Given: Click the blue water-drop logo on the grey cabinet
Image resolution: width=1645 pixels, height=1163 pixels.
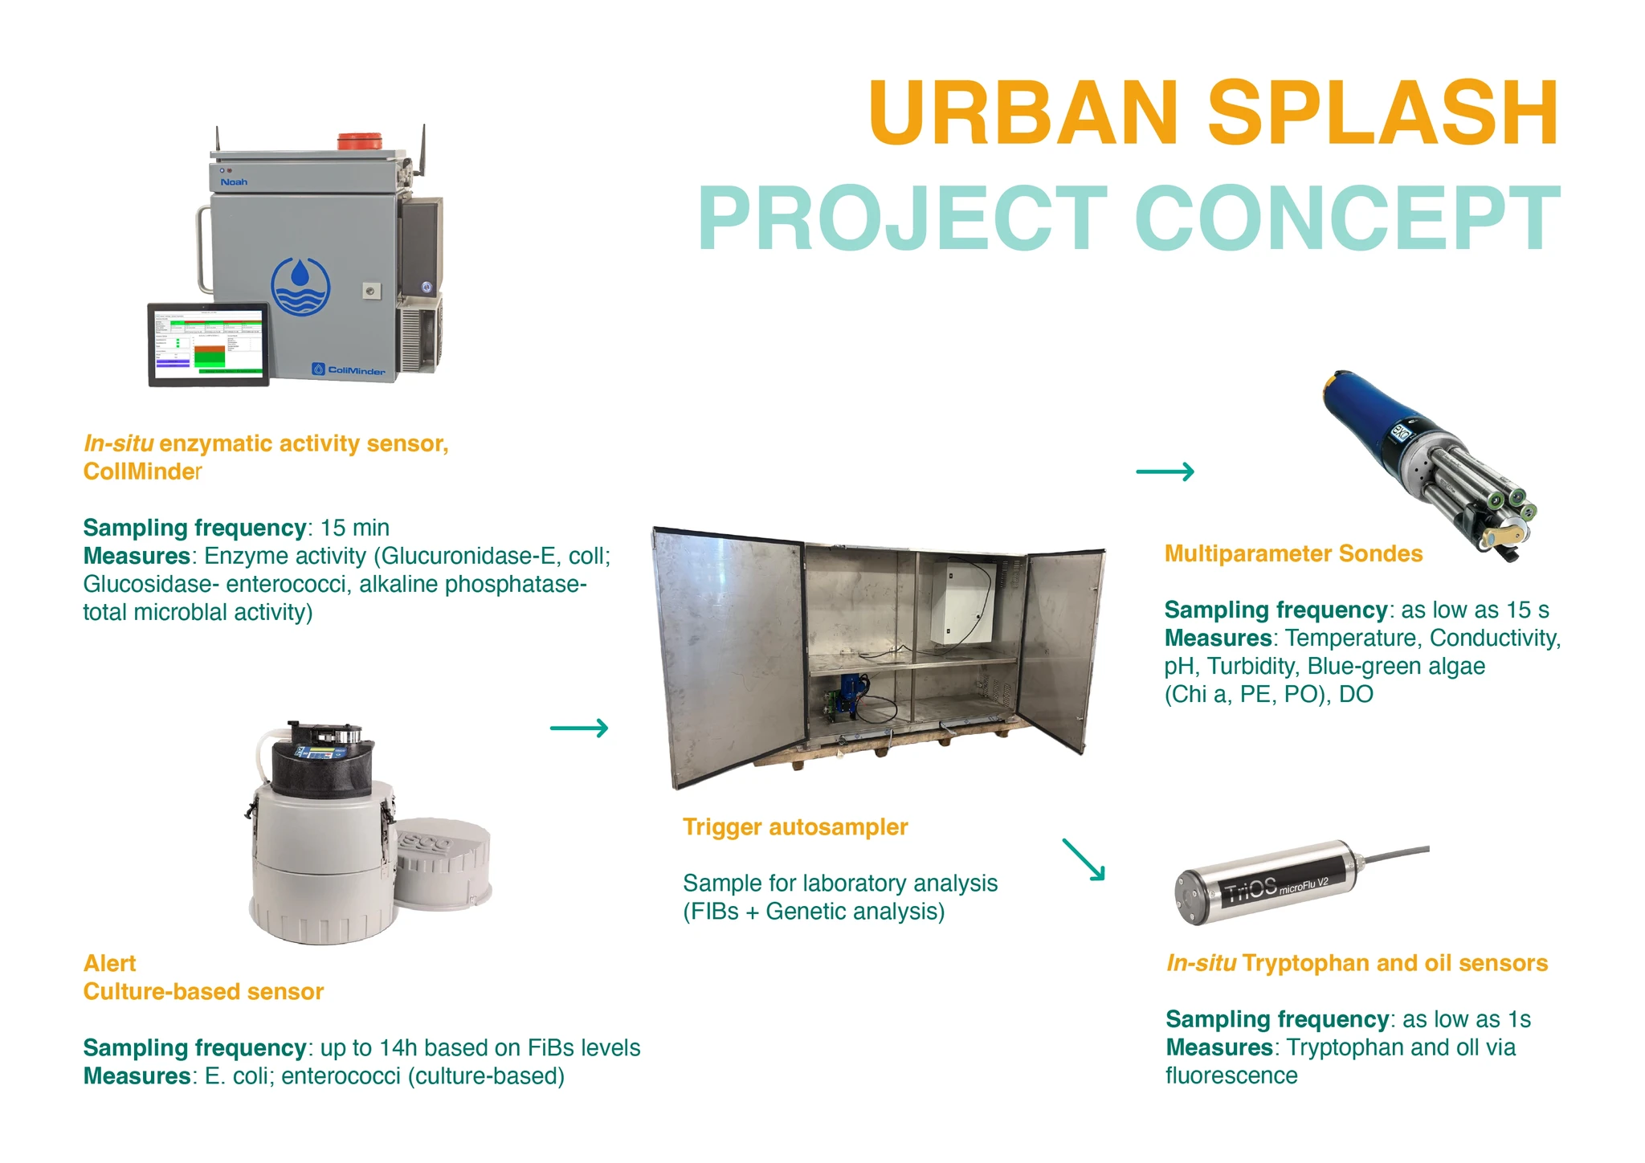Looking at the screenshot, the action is coord(300,287).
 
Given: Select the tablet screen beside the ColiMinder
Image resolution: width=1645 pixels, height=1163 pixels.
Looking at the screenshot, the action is coord(209,344).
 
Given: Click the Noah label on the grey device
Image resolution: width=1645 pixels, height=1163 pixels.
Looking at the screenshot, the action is coord(234,182).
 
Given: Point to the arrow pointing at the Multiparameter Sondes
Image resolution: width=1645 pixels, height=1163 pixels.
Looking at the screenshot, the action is coord(1165,471).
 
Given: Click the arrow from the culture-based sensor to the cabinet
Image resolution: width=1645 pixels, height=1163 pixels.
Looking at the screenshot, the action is coord(579,728).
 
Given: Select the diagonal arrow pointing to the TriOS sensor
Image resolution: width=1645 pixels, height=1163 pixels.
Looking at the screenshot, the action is coord(1084,859).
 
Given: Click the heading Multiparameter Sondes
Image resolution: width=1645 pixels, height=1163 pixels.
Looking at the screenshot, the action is coord(1293,553).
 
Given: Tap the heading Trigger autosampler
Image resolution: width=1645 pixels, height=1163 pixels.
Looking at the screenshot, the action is coord(795,827).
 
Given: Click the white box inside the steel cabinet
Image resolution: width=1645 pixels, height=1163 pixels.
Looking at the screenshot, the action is coord(962,602).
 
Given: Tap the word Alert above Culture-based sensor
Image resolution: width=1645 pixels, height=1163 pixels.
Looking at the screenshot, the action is coord(110,964).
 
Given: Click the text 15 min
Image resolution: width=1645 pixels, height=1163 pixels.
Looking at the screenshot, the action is coord(355,528).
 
